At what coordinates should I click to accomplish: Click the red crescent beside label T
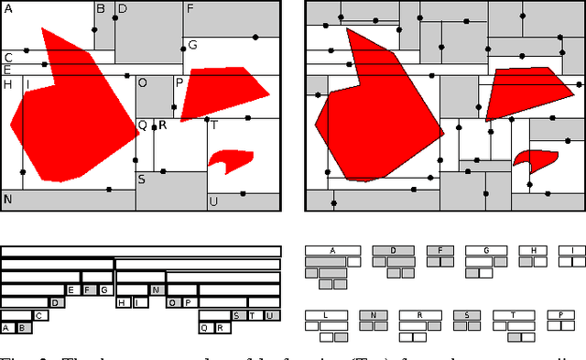pos(229,160)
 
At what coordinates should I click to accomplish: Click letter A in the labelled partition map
pos(8,7)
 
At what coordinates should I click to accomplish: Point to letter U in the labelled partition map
pos(213,202)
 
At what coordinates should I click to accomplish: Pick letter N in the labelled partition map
pos(7,199)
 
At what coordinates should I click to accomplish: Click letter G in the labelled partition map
pos(192,45)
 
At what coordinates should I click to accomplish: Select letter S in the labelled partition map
pos(141,180)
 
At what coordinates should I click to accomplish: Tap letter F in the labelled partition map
pos(190,8)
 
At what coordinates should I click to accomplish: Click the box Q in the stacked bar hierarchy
pos(205,327)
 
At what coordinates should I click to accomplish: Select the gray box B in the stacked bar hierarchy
pos(23,327)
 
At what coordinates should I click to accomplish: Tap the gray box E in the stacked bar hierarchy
pos(71,290)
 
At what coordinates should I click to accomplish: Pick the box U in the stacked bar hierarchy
pos(269,315)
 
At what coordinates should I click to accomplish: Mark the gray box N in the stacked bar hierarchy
pos(157,290)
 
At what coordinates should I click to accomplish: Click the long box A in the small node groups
pos(332,250)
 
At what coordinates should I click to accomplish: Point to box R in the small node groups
pos(419,315)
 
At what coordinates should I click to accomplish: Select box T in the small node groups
pos(514,315)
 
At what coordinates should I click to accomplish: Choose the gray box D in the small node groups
pos(393,250)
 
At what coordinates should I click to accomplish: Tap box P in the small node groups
pos(560,315)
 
